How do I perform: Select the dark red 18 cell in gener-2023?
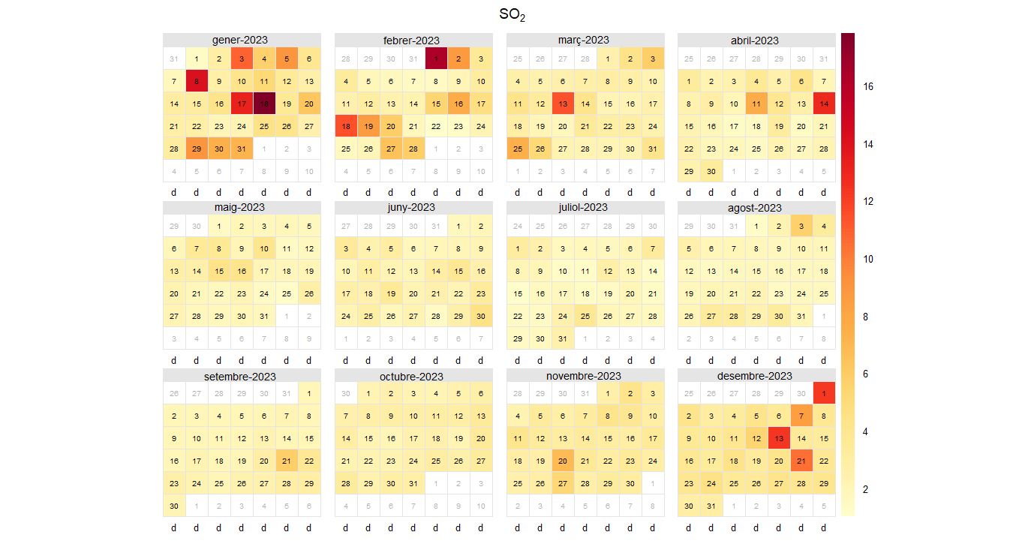(x=264, y=104)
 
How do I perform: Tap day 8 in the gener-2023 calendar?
(x=197, y=81)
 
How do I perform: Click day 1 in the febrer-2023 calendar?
(x=436, y=59)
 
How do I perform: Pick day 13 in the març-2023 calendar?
(x=563, y=104)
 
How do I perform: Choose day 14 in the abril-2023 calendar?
(x=824, y=104)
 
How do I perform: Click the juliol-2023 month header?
(x=585, y=208)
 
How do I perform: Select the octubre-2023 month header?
(x=413, y=376)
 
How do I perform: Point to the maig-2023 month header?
(x=242, y=208)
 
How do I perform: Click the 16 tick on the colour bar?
(x=868, y=86)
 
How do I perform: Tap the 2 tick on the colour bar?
(x=868, y=489)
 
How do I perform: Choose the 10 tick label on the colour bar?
(x=868, y=259)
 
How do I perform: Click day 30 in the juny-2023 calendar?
(x=481, y=316)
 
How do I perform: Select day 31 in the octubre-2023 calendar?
(x=413, y=484)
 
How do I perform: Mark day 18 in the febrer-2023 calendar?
(x=346, y=126)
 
